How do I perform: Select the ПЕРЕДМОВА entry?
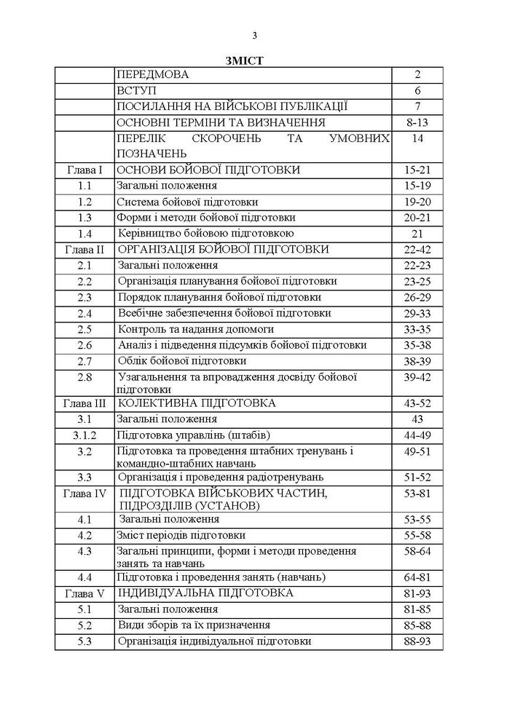(x=152, y=74)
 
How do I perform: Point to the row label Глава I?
(x=84, y=170)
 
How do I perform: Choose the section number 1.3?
(x=84, y=217)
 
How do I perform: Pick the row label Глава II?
(x=84, y=249)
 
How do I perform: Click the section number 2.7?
(x=84, y=360)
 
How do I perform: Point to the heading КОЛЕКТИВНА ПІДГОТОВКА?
(x=186, y=403)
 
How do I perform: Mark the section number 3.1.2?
(x=84, y=435)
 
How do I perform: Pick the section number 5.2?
(x=84, y=625)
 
